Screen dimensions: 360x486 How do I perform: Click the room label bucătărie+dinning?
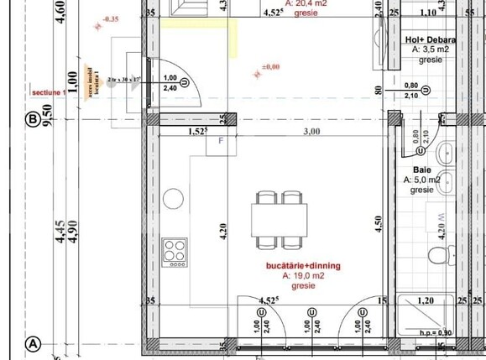pos(303,265)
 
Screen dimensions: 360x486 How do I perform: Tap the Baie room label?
pos(421,169)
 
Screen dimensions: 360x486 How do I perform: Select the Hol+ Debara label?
pos(430,40)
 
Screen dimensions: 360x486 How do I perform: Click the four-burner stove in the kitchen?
pos(175,250)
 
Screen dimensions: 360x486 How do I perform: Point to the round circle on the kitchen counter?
pos(174,199)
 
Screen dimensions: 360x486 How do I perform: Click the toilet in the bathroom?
pos(439,253)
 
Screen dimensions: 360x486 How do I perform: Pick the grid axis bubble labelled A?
pos(34,343)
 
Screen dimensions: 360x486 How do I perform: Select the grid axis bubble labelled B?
pos(33,121)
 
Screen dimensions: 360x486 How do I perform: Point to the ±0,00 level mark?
pos(270,67)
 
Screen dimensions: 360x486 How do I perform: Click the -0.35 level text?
pos(109,18)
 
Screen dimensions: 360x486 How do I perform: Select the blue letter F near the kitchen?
pos(222,141)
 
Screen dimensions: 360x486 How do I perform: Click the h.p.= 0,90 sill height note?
pos(436,332)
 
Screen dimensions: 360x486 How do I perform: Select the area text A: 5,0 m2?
pos(422,180)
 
